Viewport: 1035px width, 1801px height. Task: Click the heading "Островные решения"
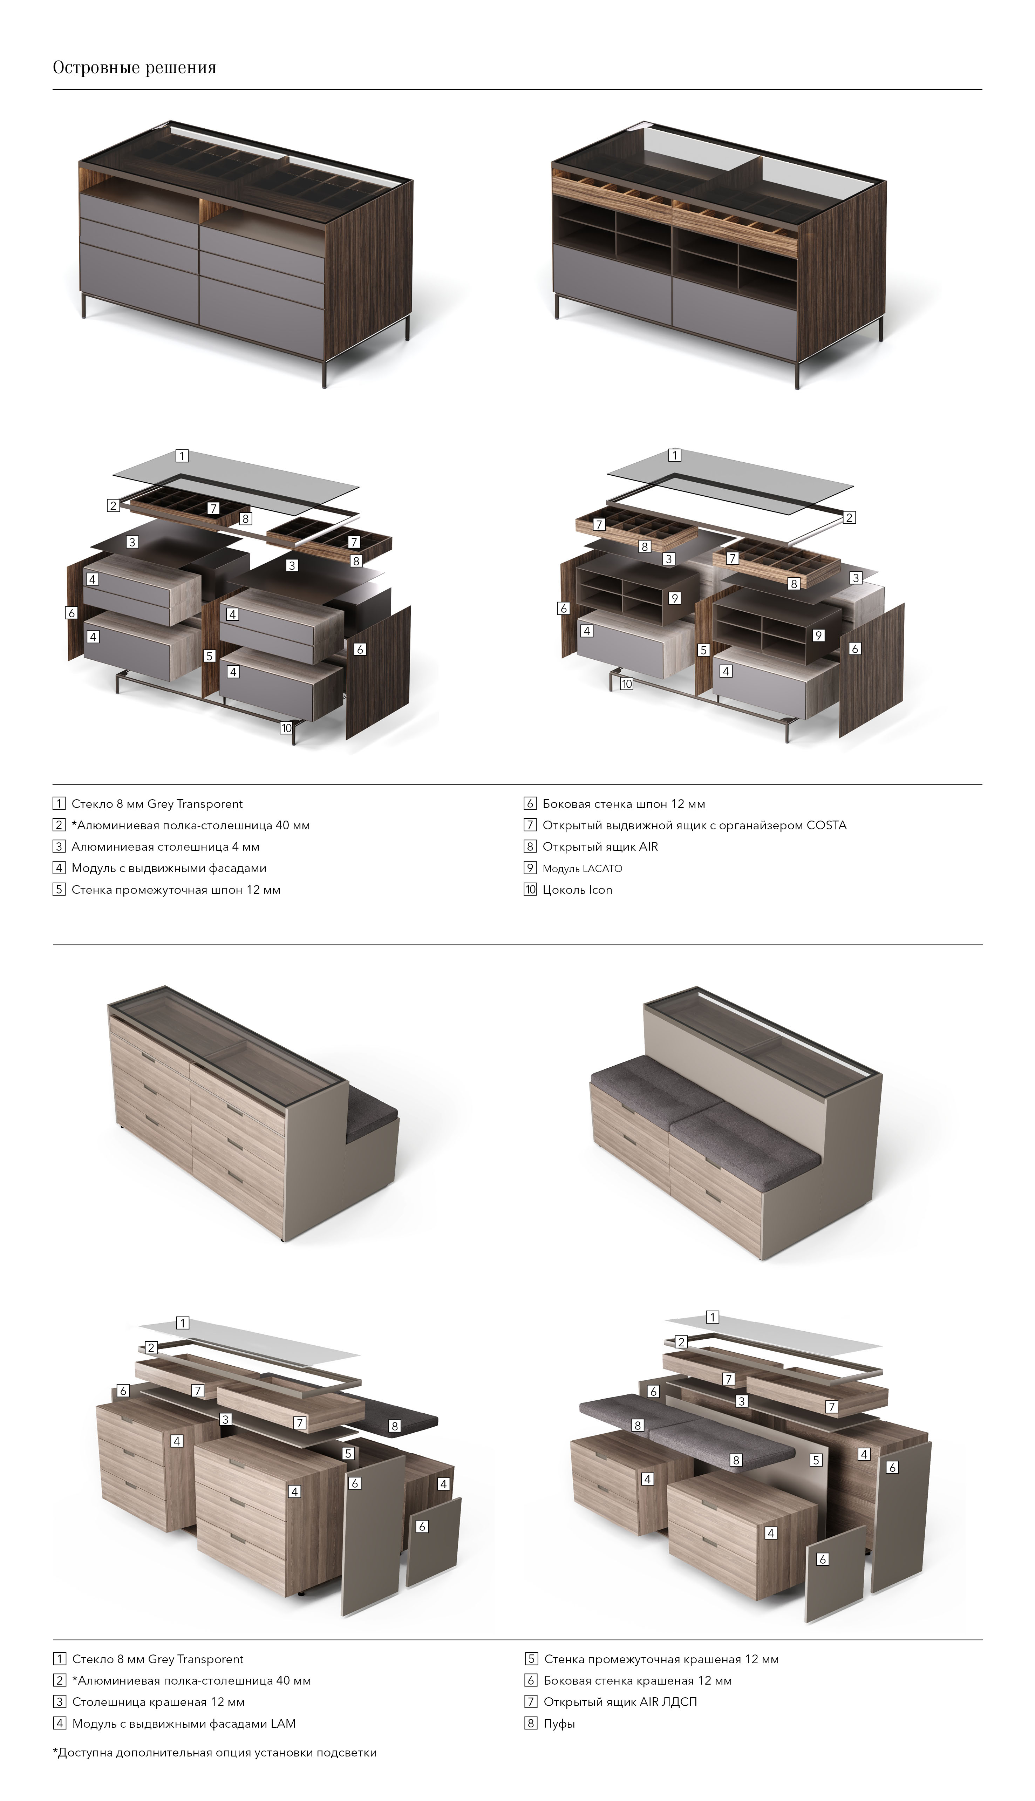(x=134, y=68)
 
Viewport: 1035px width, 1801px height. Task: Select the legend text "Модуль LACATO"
(x=582, y=869)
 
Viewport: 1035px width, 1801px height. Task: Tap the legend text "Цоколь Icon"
(x=577, y=890)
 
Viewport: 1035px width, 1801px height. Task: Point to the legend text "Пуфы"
(x=559, y=1724)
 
